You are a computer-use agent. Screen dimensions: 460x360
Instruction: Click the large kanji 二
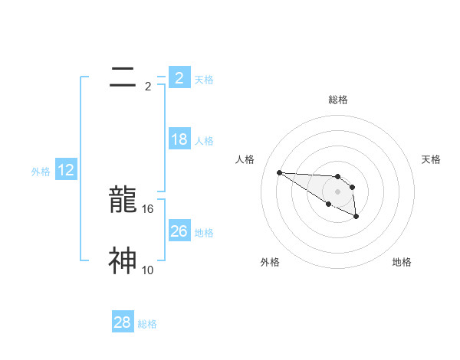[122, 76]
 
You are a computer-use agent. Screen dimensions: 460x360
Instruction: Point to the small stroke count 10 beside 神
[148, 270]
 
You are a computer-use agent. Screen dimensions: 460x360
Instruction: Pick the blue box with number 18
[179, 139]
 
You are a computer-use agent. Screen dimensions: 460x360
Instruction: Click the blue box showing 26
[179, 231]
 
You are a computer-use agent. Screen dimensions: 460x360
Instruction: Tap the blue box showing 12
[66, 171]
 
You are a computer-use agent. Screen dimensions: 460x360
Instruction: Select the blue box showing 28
[123, 322]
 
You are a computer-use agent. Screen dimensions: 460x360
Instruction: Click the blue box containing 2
[179, 77]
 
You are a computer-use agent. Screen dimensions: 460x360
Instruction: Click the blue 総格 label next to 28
[147, 324]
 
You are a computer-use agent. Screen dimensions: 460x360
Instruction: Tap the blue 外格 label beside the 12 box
[41, 172]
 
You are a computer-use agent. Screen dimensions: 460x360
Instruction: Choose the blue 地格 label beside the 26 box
[204, 232]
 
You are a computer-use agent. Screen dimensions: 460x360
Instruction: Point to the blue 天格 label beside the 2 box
[204, 79]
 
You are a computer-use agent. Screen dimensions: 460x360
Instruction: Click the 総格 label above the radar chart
[337, 100]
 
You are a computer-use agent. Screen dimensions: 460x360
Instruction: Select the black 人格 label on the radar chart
[245, 159]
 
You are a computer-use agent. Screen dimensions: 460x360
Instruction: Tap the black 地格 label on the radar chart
[402, 262]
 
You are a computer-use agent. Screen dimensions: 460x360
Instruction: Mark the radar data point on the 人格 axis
[279, 172]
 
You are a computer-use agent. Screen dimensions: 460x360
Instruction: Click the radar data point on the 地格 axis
[356, 218]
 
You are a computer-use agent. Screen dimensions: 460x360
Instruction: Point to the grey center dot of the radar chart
[337, 191]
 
